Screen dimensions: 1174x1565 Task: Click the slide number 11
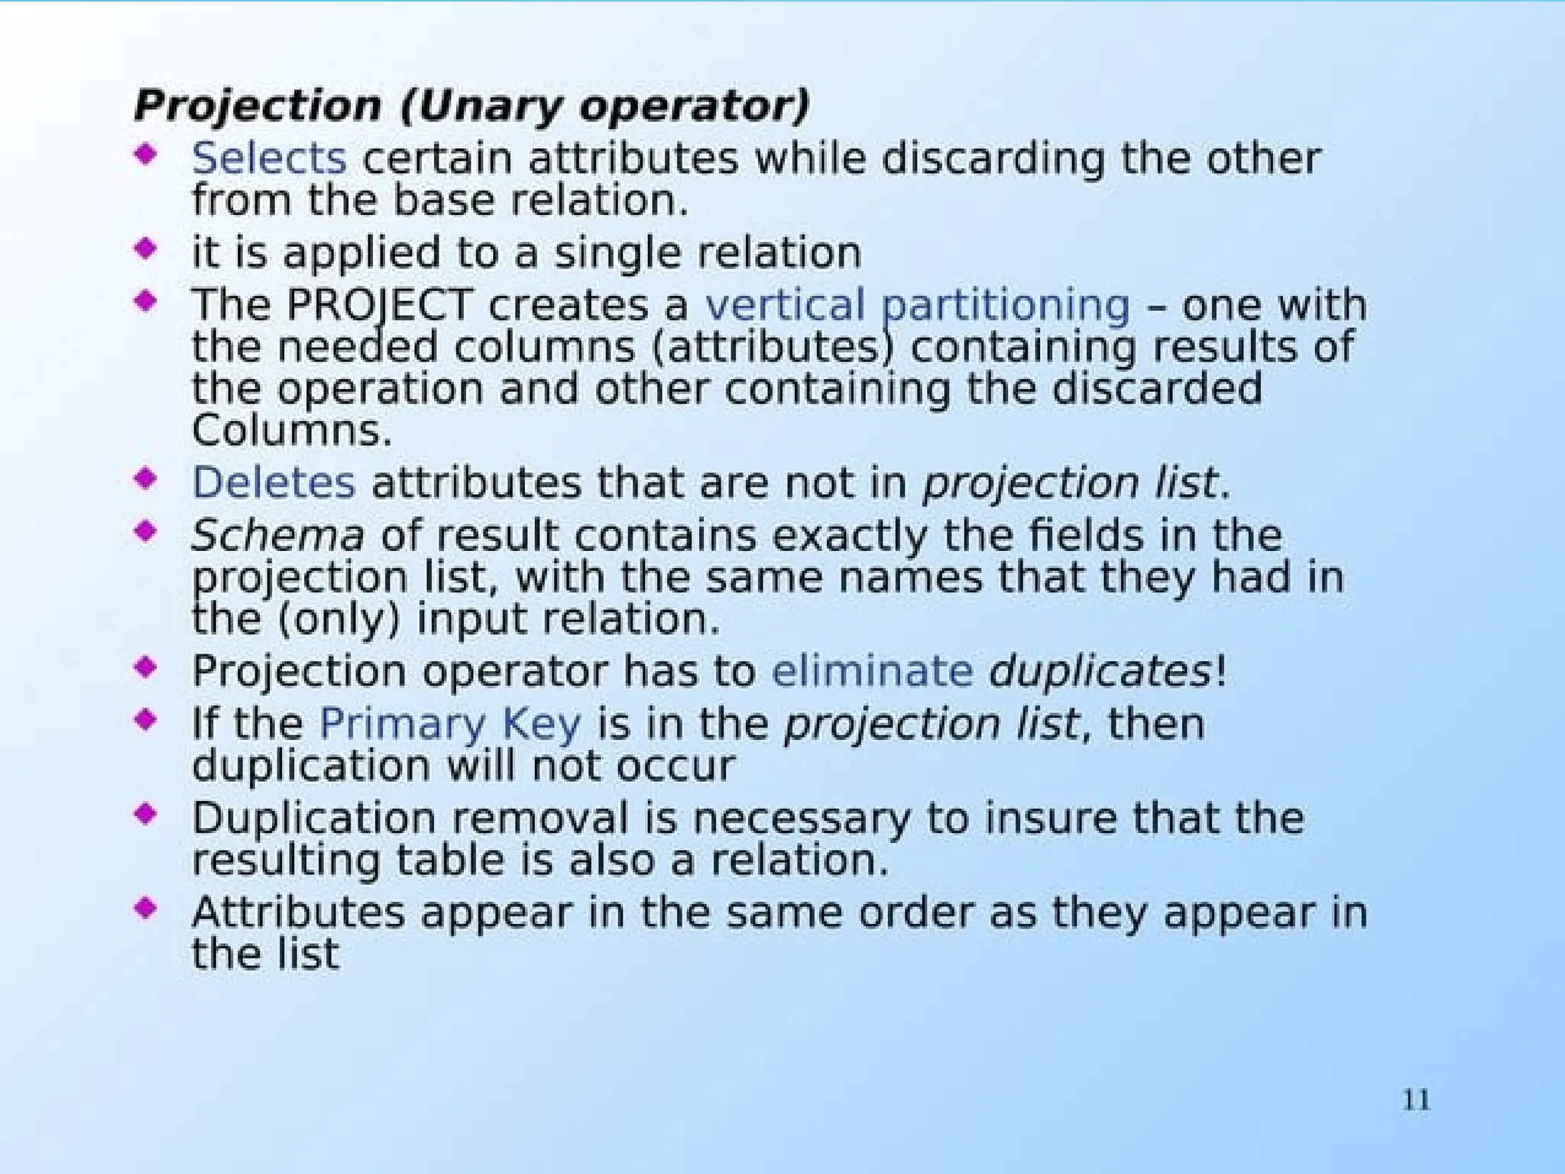pyautogui.click(x=1415, y=1101)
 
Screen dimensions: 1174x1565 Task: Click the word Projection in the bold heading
pyautogui.click(x=258, y=106)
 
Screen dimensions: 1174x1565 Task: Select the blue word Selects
pyautogui.click(x=269, y=159)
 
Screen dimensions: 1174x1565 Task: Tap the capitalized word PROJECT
pyautogui.click(x=379, y=305)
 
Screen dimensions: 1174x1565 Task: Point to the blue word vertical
pyautogui.click(x=785, y=305)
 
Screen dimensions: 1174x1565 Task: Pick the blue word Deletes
pyautogui.click(x=274, y=483)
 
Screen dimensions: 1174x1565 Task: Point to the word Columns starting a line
pyautogui.click(x=292, y=431)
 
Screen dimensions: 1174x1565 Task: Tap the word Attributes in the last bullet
pyautogui.click(x=298, y=913)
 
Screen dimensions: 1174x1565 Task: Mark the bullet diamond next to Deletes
pyautogui.click(x=145, y=479)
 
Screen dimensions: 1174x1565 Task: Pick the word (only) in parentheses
pyautogui.click(x=339, y=619)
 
